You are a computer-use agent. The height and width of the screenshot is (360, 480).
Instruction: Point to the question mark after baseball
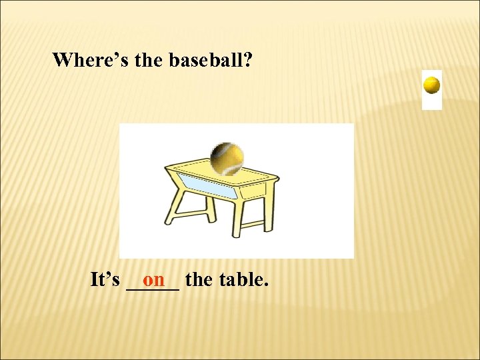tap(247, 60)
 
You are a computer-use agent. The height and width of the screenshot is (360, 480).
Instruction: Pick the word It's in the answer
tap(105, 279)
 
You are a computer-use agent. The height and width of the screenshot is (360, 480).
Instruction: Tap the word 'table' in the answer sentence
tap(238, 279)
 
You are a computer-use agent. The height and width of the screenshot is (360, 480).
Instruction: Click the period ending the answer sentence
tap(267, 285)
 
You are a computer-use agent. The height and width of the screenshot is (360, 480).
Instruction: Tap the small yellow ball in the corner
tap(432, 85)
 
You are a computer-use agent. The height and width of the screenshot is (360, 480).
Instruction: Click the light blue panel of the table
tap(207, 186)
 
